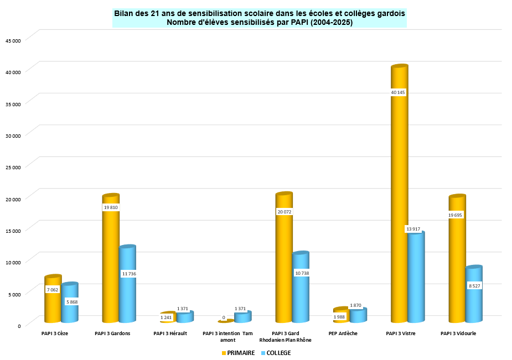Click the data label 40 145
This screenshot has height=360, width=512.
pos(398,92)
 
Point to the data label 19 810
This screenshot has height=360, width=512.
pos(111,207)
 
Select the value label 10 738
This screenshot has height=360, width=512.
pos(301,273)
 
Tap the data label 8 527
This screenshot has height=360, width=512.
pos(474,285)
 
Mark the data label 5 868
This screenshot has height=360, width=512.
pos(71,301)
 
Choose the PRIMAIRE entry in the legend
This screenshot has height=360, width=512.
pos(238,353)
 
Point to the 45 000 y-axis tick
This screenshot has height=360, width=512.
pos(13,40)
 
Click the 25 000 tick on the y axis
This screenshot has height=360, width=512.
pos(13,167)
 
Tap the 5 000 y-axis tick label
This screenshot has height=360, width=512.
pos(14,294)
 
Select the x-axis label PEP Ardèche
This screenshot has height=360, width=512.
pos(343,333)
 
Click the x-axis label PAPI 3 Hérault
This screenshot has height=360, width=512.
pos(170,333)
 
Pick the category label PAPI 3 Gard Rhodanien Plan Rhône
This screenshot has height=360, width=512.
pos(285,337)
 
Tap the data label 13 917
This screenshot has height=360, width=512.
pos(413,229)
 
